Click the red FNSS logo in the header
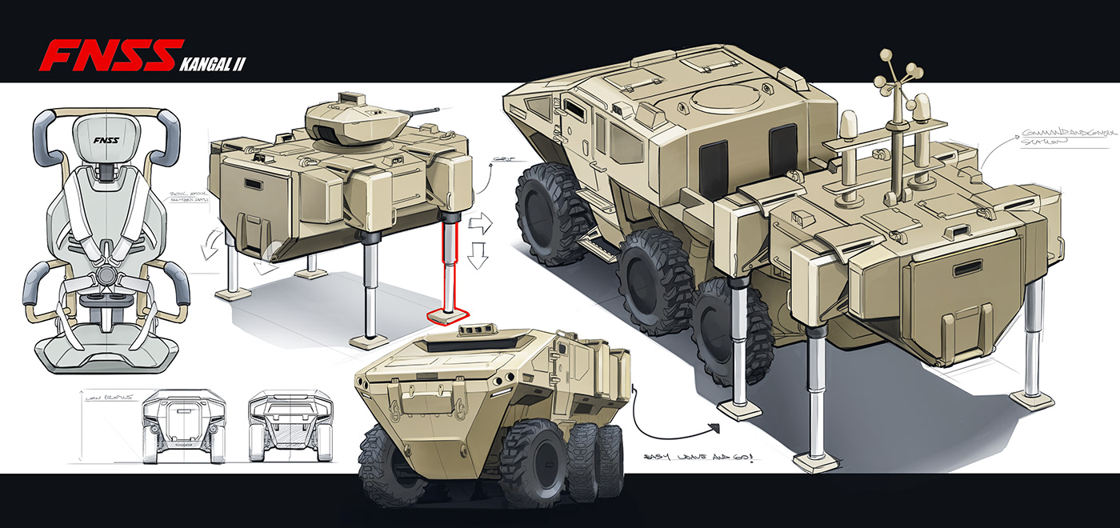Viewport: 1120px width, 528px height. [107, 55]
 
